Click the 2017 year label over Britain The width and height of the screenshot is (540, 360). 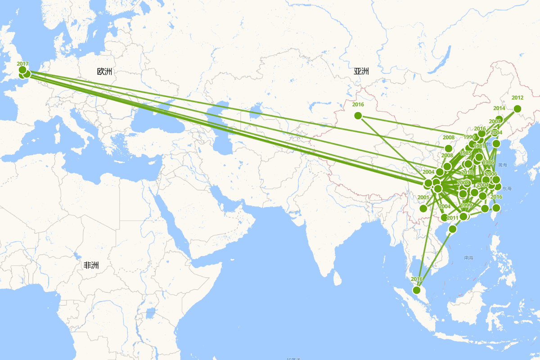(22, 64)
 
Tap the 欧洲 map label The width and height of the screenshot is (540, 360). (104, 72)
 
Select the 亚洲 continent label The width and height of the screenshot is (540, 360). (361, 71)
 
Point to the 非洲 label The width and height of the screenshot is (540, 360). (91, 265)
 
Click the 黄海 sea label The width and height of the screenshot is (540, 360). (503, 165)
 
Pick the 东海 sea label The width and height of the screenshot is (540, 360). (507, 188)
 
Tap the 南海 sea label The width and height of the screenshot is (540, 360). (468, 258)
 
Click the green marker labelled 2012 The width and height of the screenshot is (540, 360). (517, 108)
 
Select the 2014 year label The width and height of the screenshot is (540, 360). (499, 108)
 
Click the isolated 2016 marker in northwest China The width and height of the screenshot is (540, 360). (358, 116)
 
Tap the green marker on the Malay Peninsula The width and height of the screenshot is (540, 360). (417, 290)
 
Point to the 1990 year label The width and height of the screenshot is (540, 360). (469, 137)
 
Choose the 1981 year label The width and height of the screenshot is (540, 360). (479, 146)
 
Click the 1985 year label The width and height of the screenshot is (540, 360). (466, 153)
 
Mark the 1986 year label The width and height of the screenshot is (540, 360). (488, 162)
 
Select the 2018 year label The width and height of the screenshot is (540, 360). (467, 172)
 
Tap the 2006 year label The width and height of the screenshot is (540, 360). (491, 174)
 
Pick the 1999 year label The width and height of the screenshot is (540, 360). (466, 206)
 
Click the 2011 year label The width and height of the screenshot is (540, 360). (453, 218)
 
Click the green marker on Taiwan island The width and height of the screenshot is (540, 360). (496, 208)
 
